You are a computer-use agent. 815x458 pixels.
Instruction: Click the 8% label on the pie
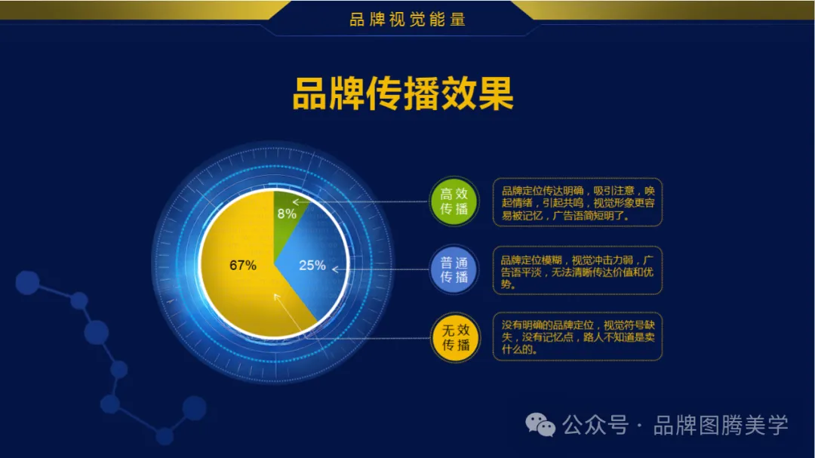pyautogui.click(x=286, y=214)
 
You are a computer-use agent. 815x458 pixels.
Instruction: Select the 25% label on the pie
pyautogui.click(x=312, y=265)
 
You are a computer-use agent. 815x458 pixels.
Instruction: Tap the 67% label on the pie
pyautogui.click(x=242, y=265)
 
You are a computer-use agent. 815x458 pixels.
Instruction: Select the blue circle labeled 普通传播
pyautogui.click(x=454, y=269)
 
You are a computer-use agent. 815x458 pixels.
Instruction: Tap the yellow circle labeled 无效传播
pyautogui.click(x=454, y=337)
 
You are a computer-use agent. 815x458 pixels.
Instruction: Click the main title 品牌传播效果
pyautogui.click(x=403, y=94)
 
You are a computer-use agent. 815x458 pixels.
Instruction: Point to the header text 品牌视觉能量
pyautogui.click(x=407, y=20)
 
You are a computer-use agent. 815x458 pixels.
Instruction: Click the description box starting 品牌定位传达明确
pyautogui.click(x=577, y=202)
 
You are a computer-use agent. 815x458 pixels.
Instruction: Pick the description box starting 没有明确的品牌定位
pyautogui.click(x=577, y=337)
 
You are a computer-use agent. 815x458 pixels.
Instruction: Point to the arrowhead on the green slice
pyautogui.click(x=295, y=201)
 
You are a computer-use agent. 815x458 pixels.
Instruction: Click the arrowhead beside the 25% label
pyautogui.click(x=334, y=268)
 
